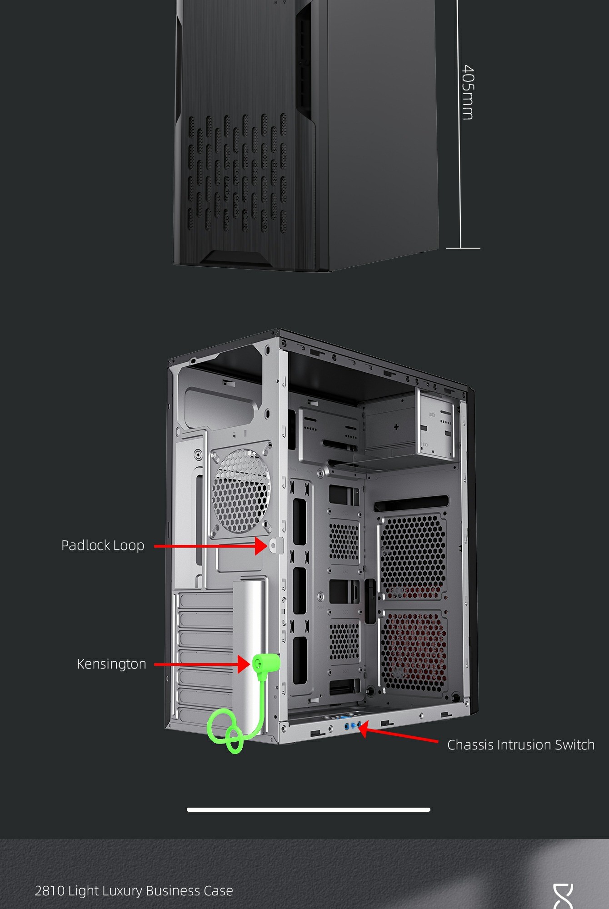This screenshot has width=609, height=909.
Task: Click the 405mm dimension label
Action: click(x=468, y=92)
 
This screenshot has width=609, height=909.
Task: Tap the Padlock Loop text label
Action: click(x=103, y=545)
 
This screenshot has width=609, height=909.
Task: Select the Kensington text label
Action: click(x=111, y=664)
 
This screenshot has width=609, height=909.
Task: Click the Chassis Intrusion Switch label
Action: click(x=521, y=745)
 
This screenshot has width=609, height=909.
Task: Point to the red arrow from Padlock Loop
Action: click(x=211, y=546)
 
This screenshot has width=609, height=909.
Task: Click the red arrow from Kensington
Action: click(x=202, y=664)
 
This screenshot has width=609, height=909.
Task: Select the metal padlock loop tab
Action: click(x=276, y=545)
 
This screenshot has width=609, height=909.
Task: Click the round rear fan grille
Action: click(x=241, y=491)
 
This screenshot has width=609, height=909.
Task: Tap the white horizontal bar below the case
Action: click(x=309, y=809)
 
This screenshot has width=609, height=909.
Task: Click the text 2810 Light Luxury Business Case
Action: click(x=134, y=891)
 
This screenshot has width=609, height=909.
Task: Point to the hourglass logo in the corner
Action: click(x=563, y=896)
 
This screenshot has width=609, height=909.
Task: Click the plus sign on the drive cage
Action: click(x=396, y=427)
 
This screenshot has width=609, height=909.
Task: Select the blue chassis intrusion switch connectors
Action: click(x=353, y=726)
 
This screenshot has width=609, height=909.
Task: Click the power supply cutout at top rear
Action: click(x=220, y=395)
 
